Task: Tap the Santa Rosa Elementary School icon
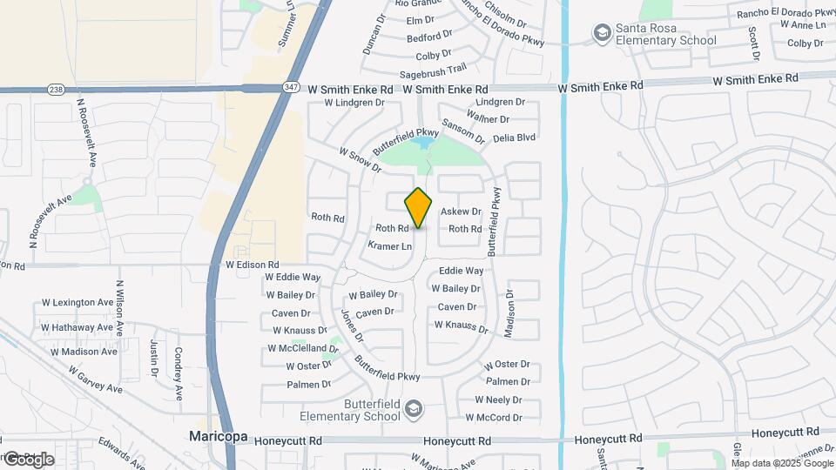601,33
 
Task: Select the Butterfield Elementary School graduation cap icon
415,409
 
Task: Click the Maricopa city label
219,436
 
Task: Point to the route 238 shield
57,89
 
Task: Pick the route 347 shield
292,88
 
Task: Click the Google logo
29,460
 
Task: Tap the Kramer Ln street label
389,246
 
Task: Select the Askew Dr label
461,211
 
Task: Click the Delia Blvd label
515,137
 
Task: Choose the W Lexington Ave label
78,303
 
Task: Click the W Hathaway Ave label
78,327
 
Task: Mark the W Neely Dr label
498,399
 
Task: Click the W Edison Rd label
252,264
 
